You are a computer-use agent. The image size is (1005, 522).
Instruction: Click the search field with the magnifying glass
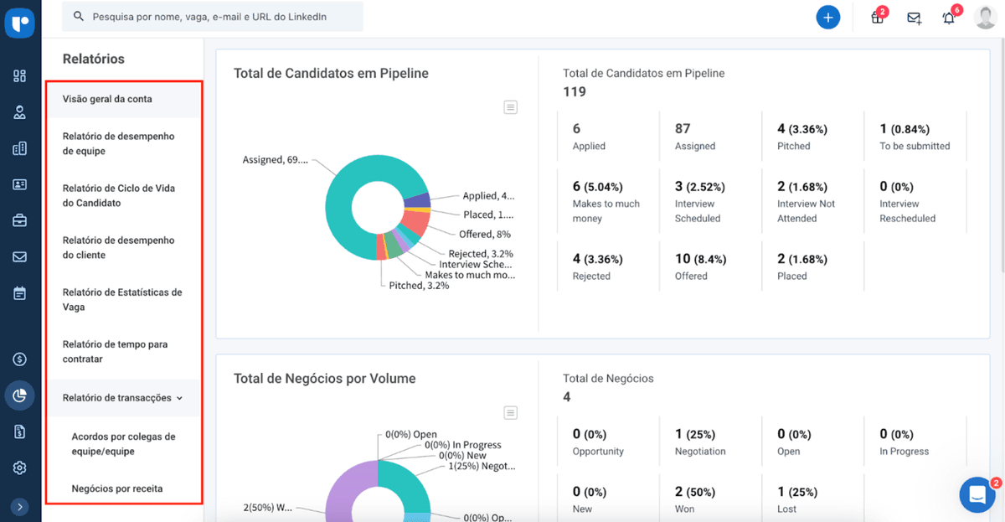[x=214, y=17]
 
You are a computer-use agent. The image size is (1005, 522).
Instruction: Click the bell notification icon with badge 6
[x=948, y=18]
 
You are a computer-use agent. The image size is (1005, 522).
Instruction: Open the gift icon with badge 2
[x=877, y=18]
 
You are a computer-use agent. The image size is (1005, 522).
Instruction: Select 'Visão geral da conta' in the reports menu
[x=107, y=99]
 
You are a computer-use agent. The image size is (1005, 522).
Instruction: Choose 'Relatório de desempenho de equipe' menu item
[x=118, y=143]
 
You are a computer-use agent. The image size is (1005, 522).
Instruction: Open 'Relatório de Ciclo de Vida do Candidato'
[x=117, y=195]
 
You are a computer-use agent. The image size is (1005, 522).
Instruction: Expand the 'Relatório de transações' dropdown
[x=122, y=398]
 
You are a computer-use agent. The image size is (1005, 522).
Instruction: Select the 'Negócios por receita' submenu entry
[x=116, y=488]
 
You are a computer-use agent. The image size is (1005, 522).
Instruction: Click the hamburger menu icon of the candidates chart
[x=511, y=106]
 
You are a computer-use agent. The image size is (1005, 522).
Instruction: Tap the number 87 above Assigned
[x=683, y=129]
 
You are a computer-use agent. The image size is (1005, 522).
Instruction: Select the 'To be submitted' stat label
[x=915, y=146]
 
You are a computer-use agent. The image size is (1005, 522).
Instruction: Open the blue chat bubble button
[x=977, y=494]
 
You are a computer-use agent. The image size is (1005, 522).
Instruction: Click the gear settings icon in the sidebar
[x=20, y=468]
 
